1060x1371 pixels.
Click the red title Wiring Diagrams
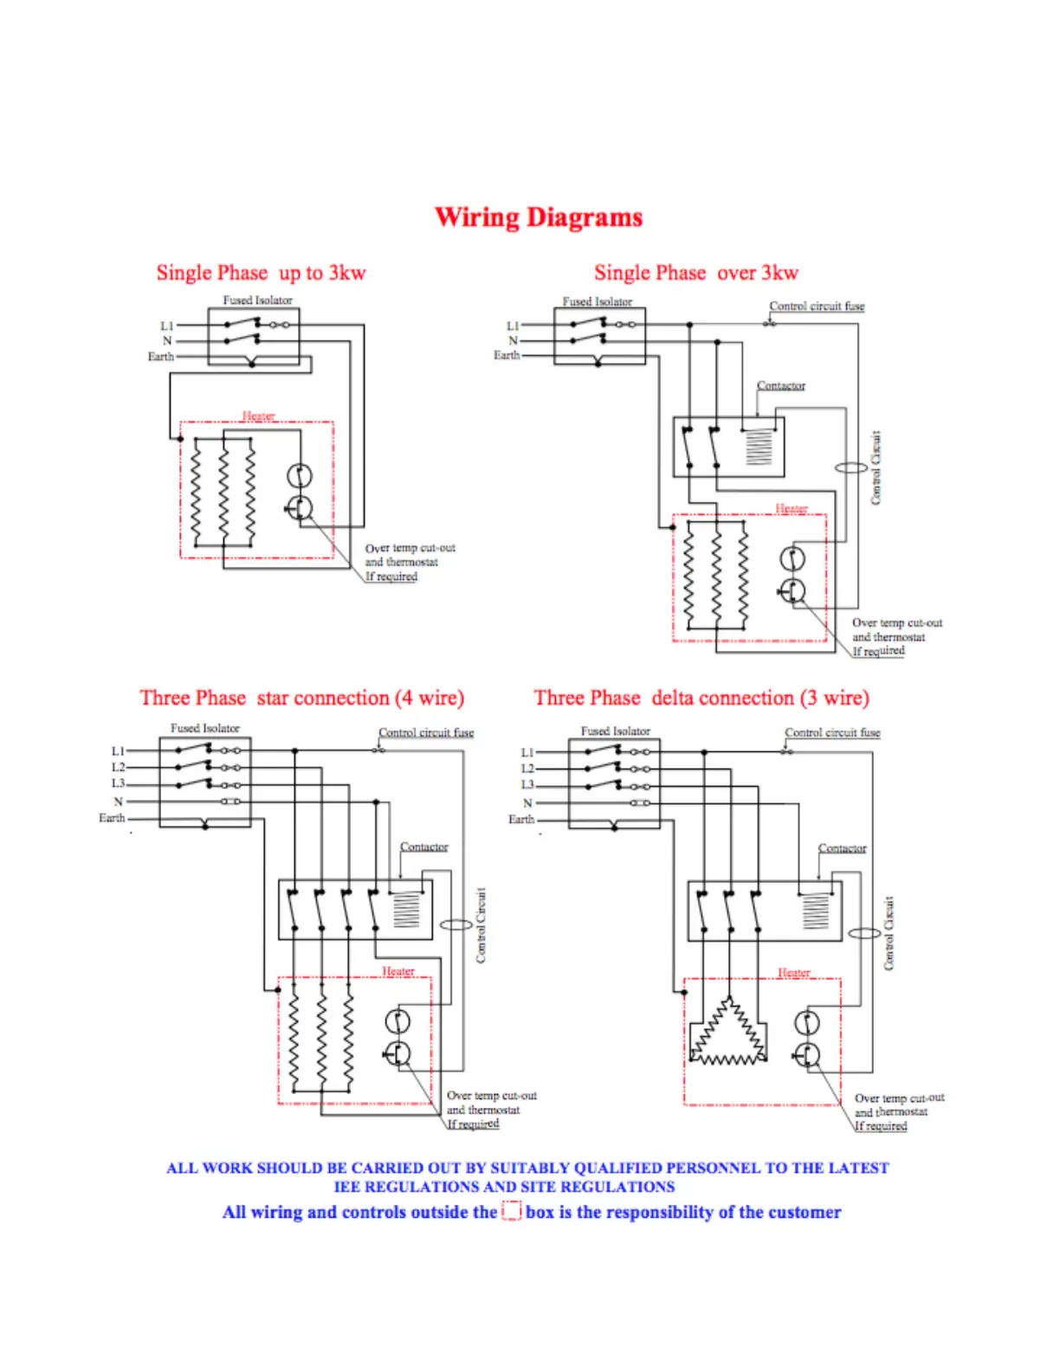[538, 216]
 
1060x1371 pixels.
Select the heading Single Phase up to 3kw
[261, 273]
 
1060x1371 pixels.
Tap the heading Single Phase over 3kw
[695, 273]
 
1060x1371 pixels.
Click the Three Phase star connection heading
[301, 698]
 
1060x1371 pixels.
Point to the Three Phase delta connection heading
[701, 698]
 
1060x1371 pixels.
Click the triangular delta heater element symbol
[728, 1033]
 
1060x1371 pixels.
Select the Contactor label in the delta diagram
[842, 848]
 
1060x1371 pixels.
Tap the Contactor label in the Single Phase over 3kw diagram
[780, 385]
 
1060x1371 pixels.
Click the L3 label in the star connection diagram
[118, 783]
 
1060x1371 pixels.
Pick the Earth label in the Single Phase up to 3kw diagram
[160, 356]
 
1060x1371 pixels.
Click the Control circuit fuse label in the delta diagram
[832, 732]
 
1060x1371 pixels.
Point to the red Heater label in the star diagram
[398, 971]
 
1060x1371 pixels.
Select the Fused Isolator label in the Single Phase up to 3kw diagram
[257, 300]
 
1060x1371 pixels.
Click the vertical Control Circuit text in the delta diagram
[889, 933]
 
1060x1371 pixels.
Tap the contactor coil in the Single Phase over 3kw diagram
[759, 447]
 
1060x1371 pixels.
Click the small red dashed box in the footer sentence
[512, 1211]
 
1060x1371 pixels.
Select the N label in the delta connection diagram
[527, 803]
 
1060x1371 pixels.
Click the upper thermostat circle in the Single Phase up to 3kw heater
[299, 475]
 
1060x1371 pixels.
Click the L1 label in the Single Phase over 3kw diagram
[513, 325]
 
